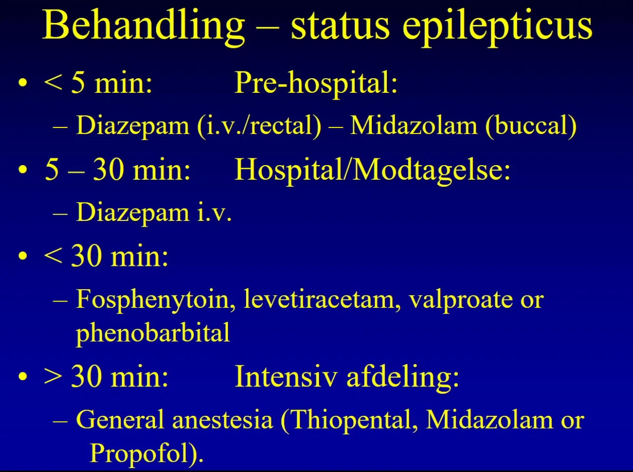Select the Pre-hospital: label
[x=316, y=84]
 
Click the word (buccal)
[x=531, y=127]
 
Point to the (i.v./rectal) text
[x=259, y=127]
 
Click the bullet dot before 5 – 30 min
[x=23, y=170]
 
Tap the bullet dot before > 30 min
[x=23, y=376]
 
